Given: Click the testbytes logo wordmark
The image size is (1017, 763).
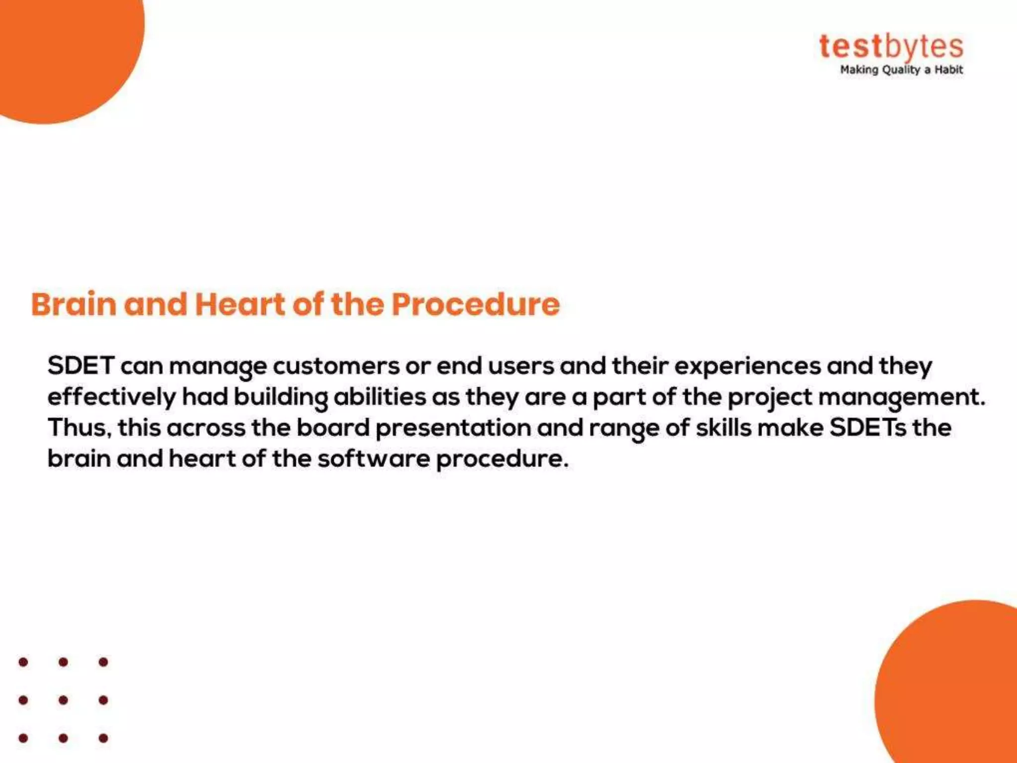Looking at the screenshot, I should (x=891, y=47).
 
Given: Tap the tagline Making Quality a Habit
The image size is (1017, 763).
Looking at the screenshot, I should (x=901, y=70).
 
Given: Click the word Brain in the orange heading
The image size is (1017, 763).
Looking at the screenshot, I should (x=74, y=304).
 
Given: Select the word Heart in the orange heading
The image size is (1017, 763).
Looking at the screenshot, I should (x=240, y=304).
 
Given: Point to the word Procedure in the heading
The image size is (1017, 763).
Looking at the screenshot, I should (x=475, y=304).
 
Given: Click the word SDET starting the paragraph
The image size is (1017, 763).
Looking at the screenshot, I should (x=81, y=366).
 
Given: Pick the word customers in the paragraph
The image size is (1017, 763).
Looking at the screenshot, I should (x=336, y=366).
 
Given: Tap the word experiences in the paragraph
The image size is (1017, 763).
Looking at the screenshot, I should (x=747, y=366).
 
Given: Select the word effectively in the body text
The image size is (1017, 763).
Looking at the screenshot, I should (x=112, y=397).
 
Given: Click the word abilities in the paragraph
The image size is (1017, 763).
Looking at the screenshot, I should (x=379, y=397).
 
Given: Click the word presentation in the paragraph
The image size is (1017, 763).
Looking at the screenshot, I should (x=453, y=428).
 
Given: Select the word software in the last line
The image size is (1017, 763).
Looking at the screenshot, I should (x=374, y=458).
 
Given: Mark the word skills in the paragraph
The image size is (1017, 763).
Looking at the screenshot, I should (x=724, y=428).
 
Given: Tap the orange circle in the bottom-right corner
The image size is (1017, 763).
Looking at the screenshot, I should (x=953, y=695).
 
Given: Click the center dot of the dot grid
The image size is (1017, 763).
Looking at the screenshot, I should (x=63, y=700).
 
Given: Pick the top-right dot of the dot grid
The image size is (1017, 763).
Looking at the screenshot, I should (x=103, y=662).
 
